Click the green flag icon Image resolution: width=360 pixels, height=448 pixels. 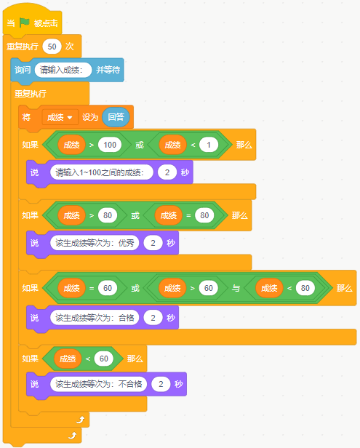(24, 23)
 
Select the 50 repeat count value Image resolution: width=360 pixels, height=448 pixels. (52, 47)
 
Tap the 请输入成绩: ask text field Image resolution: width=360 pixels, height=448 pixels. (63, 70)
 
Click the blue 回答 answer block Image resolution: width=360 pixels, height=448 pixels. (116, 117)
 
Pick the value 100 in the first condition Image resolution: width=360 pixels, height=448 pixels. (110, 145)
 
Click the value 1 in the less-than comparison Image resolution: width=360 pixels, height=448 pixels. (209, 145)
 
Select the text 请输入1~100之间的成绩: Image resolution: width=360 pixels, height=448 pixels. (101, 172)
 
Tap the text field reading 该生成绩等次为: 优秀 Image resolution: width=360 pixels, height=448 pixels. (95, 243)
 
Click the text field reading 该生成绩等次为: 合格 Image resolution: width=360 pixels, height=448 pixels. (95, 318)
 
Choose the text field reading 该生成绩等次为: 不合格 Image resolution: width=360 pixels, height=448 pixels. (99, 384)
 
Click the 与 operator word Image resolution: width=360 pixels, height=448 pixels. (236, 288)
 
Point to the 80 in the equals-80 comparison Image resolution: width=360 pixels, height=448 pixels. (204, 215)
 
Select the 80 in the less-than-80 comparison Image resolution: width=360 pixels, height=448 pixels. (305, 288)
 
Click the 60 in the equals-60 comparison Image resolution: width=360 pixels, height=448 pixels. (108, 288)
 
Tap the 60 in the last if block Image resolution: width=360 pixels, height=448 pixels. (104, 359)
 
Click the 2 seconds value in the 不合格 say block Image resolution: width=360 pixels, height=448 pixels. (161, 384)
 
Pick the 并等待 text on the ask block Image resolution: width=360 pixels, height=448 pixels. (108, 70)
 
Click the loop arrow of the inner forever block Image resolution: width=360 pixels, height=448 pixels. (81, 420)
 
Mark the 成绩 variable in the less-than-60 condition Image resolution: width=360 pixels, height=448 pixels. (68, 359)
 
